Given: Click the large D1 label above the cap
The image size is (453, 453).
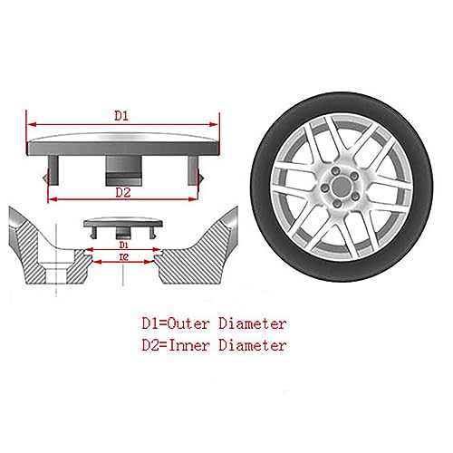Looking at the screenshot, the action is pos(121,116).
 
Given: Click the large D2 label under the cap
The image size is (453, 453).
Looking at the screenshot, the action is pos(123,192).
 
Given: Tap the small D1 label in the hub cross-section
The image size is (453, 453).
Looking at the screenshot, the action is pos(124,245).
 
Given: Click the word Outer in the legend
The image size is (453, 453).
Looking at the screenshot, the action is pos(188,323).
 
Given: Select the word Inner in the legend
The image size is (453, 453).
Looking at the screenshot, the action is pos(188,345).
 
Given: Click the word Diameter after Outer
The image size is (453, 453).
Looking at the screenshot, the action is pos(253,323).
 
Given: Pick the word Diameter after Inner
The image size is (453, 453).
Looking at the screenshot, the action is pos(253,345).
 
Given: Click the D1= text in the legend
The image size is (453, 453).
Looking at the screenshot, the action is pos(154,323).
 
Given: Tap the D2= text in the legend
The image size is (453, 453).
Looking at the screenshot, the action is pos(155,345).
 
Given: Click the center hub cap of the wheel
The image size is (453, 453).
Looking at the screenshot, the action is pos(341,187).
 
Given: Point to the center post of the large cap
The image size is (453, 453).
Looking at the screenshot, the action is pos(123,170).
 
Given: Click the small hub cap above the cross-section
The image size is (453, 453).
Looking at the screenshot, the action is pos(123,227).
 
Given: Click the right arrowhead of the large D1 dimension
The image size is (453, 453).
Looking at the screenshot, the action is pos(213,124).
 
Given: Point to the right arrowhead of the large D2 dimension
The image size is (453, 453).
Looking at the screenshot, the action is pos(193,199).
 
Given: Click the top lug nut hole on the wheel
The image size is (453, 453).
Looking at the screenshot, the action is pos(334,172).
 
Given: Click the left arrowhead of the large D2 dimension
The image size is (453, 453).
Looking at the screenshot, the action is pos(53,199).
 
